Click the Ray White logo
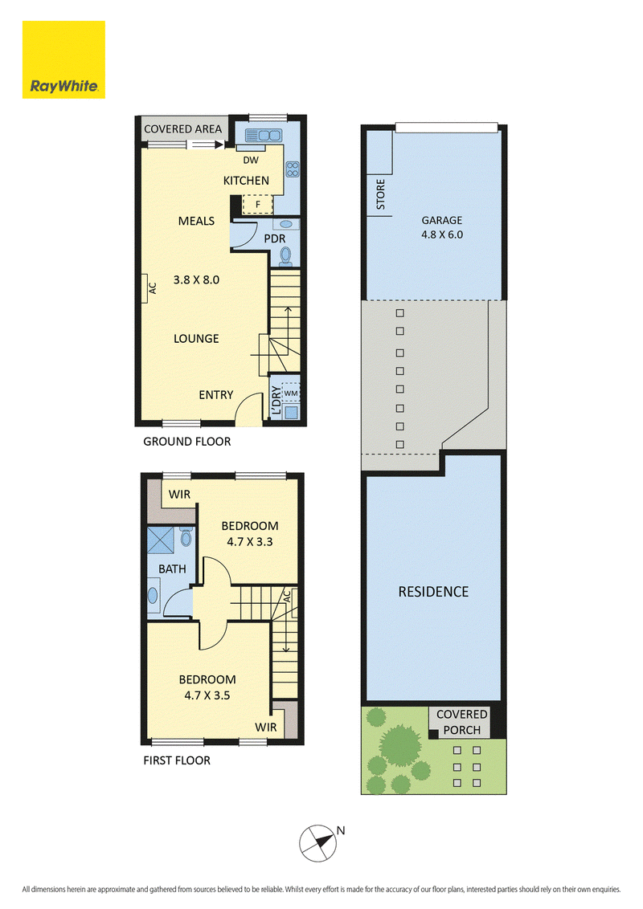click(63, 59)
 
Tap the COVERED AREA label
click(182, 129)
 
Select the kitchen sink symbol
click(264, 135)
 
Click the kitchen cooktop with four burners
click(293, 169)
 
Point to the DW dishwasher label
click(251, 160)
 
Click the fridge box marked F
click(257, 205)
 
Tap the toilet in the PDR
click(285, 255)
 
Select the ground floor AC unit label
click(153, 288)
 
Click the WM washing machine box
click(290, 393)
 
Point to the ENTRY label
click(216, 395)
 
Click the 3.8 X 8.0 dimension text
click(196, 280)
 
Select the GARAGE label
click(441, 220)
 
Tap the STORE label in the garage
click(381, 194)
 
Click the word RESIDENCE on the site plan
click(433, 592)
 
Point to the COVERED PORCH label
click(462, 723)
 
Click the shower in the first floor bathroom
click(161, 540)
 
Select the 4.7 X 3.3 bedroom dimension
click(249, 541)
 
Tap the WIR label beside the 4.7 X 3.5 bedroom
click(266, 727)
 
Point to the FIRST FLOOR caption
click(177, 760)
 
